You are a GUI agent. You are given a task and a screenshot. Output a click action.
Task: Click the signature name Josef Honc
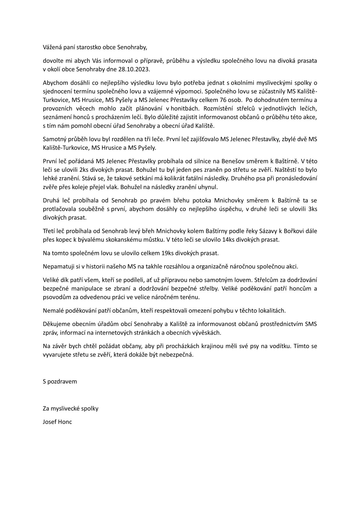pyautogui.click(x=57, y=422)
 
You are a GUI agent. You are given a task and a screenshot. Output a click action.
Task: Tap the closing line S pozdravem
pyautogui.click(x=60, y=381)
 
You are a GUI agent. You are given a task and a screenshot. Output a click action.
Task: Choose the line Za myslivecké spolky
pyautogui.click(x=70, y=409)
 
